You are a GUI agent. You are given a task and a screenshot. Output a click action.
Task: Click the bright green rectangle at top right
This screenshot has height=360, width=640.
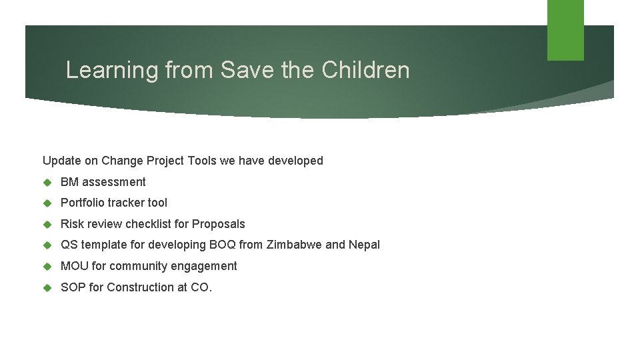click(x=565, y=30)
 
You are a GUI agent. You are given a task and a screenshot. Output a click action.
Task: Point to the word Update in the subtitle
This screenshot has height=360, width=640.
click(x=61, y=161)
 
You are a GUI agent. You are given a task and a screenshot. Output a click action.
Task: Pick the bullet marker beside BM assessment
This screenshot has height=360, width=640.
click(x=47, y=182)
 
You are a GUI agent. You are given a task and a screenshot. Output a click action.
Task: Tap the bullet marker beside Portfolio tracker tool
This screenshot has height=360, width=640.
click(x=47, y=203)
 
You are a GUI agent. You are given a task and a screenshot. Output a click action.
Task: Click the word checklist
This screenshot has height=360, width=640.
click(x=149, y=224)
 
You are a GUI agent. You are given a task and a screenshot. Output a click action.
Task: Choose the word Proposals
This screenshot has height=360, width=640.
click(x=219, y=224)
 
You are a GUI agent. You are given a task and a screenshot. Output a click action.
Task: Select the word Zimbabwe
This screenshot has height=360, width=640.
click(x=293, y=245)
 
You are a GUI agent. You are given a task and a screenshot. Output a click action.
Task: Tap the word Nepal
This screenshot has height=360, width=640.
click(x=364, y=245)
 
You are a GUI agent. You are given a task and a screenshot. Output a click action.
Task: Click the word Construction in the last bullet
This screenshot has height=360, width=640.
click(x=139, y=287)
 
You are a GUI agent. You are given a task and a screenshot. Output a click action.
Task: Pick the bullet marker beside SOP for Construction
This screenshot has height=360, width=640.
click(x=47, y=287)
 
